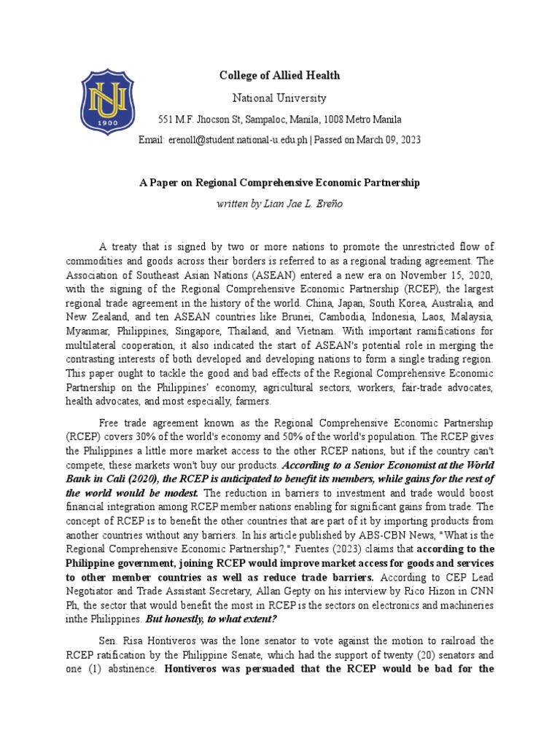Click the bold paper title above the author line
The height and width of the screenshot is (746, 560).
[x=279, y=183]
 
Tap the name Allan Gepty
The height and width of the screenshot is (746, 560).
[x=273, y=591]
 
